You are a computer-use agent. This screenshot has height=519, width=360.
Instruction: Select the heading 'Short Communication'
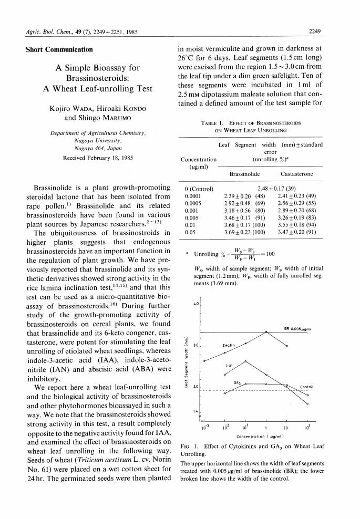tap(59, 50)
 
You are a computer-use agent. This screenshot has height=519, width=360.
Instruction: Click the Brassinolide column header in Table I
tap(246, 173)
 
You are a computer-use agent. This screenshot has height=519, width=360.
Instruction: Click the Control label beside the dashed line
tap(306, 387)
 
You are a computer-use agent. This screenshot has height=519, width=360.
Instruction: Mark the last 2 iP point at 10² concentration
tap(307, 403)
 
